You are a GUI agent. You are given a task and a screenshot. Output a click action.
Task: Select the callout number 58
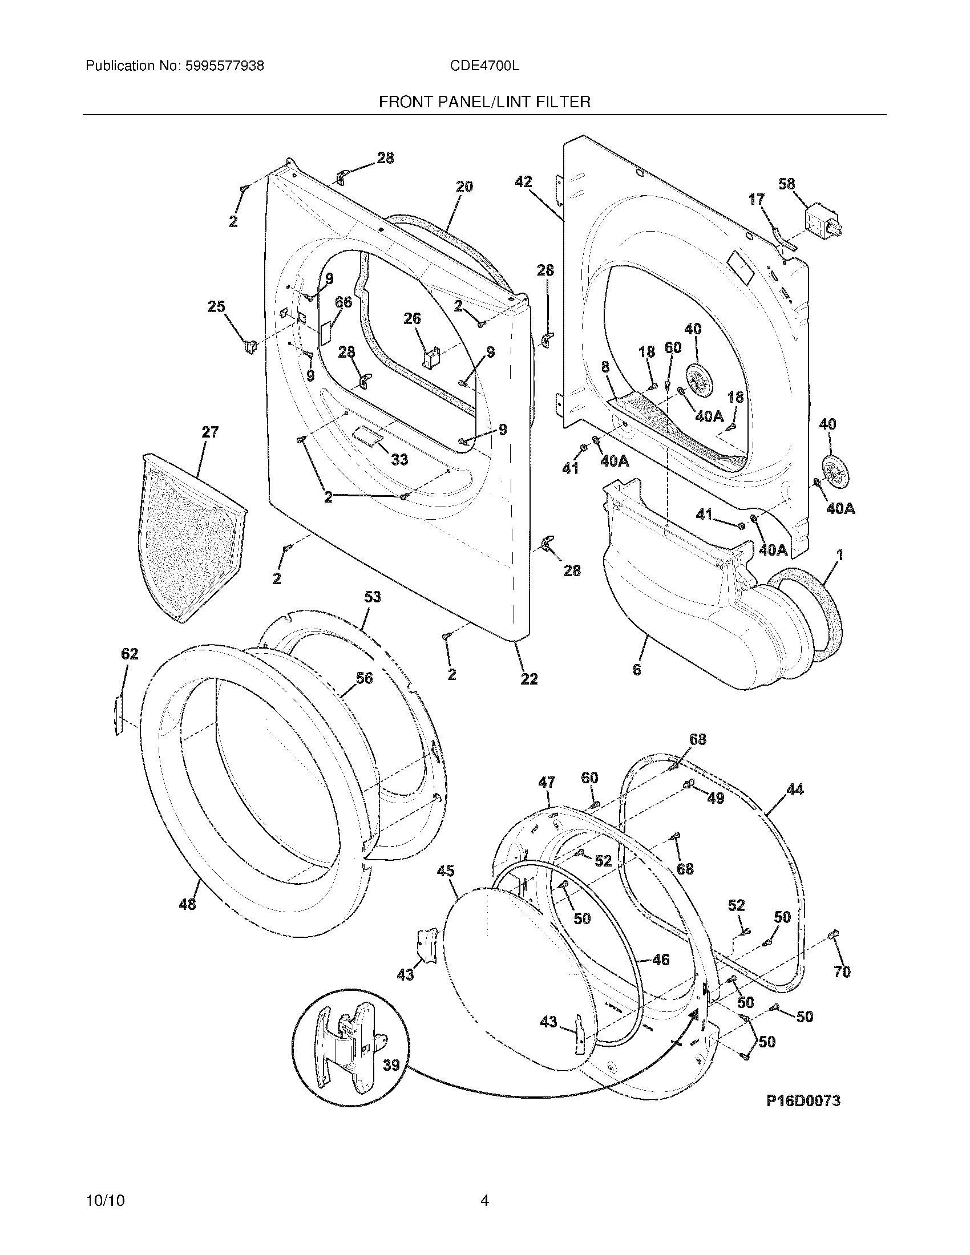click(x=786, y=184)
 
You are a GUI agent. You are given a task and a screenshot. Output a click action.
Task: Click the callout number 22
click(x=529, y=679)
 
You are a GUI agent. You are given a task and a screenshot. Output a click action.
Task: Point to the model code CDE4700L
click(x=484, y=66)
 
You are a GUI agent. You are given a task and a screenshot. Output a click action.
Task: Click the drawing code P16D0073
click(x=803, y=1100)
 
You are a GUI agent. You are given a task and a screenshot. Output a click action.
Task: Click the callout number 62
click(x=130, y=654)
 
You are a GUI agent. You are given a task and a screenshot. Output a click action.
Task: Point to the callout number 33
click(x=399, y=459)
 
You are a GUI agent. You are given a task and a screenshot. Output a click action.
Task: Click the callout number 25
click(x=216, y=307)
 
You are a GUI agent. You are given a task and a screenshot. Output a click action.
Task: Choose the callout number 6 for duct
click(x=636, y=670)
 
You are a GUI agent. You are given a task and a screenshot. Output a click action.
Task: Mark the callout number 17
click(x=756, y=200)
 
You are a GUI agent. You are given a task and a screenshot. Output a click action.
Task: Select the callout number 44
click(x=795, y=790)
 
